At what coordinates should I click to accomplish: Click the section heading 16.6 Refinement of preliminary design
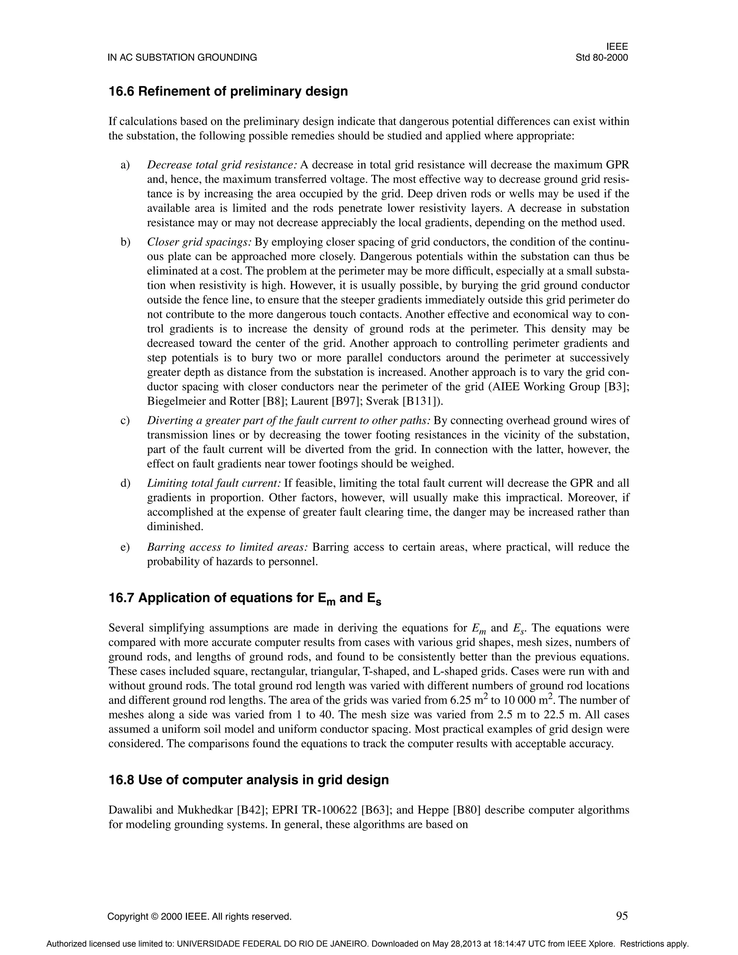point(228,92)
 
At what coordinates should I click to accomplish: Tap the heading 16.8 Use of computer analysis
point(248,779)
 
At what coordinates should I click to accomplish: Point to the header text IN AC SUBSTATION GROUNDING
point(182,57)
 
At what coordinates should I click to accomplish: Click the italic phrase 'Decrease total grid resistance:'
point(222,165)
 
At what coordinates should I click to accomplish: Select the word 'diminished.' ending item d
point(175,527)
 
